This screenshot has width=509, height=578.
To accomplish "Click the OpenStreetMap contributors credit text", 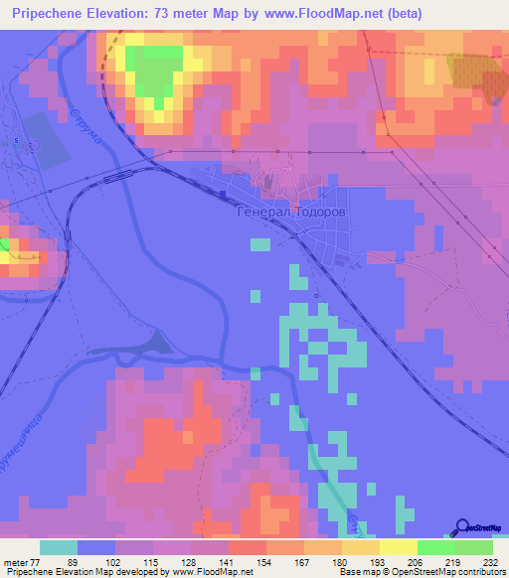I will (435, 573).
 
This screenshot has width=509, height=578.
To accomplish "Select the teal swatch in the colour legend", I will (59, 547).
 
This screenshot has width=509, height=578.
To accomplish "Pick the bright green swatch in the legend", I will (436, 547).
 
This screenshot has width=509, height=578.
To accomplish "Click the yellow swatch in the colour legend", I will (399, 547).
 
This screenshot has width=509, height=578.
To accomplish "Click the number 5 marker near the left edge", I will (17, 140).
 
